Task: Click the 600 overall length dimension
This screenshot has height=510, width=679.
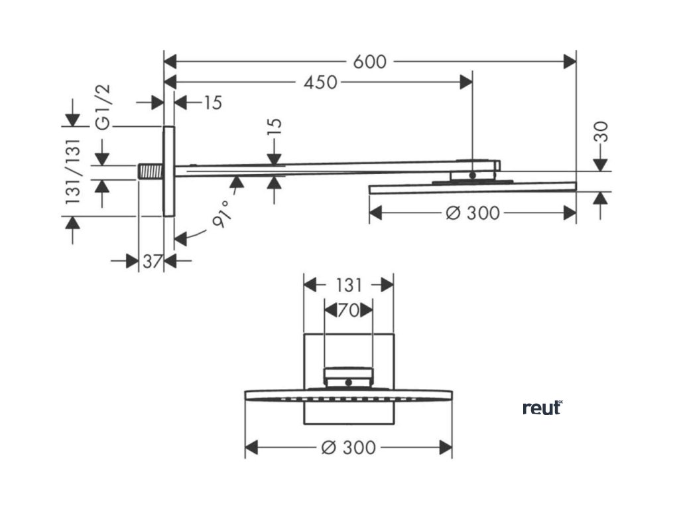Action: pyautogui.click(x=369, y=62)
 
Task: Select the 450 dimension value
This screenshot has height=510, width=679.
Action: pyautogui.click(x=320, y=82)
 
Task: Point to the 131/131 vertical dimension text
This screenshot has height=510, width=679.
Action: pyautogui.click(x=73, y=171)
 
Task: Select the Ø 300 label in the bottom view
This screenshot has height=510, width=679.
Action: pyautogui.click(x=348, y=448)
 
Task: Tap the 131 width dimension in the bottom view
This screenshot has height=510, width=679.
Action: pyautogui.click(x=348, y=285)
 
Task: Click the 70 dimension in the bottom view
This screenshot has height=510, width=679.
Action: pyautogui.click(x=348, y=309)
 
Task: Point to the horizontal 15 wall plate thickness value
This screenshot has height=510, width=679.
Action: pyautogui.click(x=212, y=103)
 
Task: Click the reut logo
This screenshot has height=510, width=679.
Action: pyautogui.click(x=542, y=408)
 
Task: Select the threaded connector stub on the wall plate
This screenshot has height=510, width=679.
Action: pyautogui.click(x=151, y=171)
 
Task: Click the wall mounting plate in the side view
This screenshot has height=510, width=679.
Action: pyautogui.click(x=168, y=171)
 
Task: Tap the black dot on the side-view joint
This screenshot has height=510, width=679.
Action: pyautogui.click(x=472, y=175)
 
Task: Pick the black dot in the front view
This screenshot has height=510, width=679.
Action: pyautogui.click(x=348, y=382)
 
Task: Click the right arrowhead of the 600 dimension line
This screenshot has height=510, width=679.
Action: pyautogui.click(x=571, y=62)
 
